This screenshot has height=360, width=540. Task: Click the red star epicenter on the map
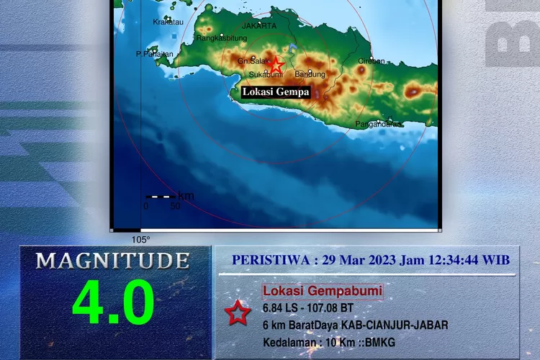[x=276, y=66]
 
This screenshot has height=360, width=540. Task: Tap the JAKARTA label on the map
[x=259, y=25]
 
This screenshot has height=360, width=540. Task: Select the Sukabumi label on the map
[x=264, y=74]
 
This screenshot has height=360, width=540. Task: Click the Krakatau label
[x=168, y=22]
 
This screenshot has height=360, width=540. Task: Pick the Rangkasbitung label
[x=217, y=38]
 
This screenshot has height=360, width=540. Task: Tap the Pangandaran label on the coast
[x=378, y=125]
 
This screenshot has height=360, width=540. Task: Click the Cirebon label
[x=371, y=62]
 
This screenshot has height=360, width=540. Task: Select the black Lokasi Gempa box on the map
[x=276, y=92]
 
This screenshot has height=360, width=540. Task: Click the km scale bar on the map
[x=160, y=197]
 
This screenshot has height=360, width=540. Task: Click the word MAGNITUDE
[x=113, y=261]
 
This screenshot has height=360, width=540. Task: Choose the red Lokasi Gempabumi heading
[x=322, y=292]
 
